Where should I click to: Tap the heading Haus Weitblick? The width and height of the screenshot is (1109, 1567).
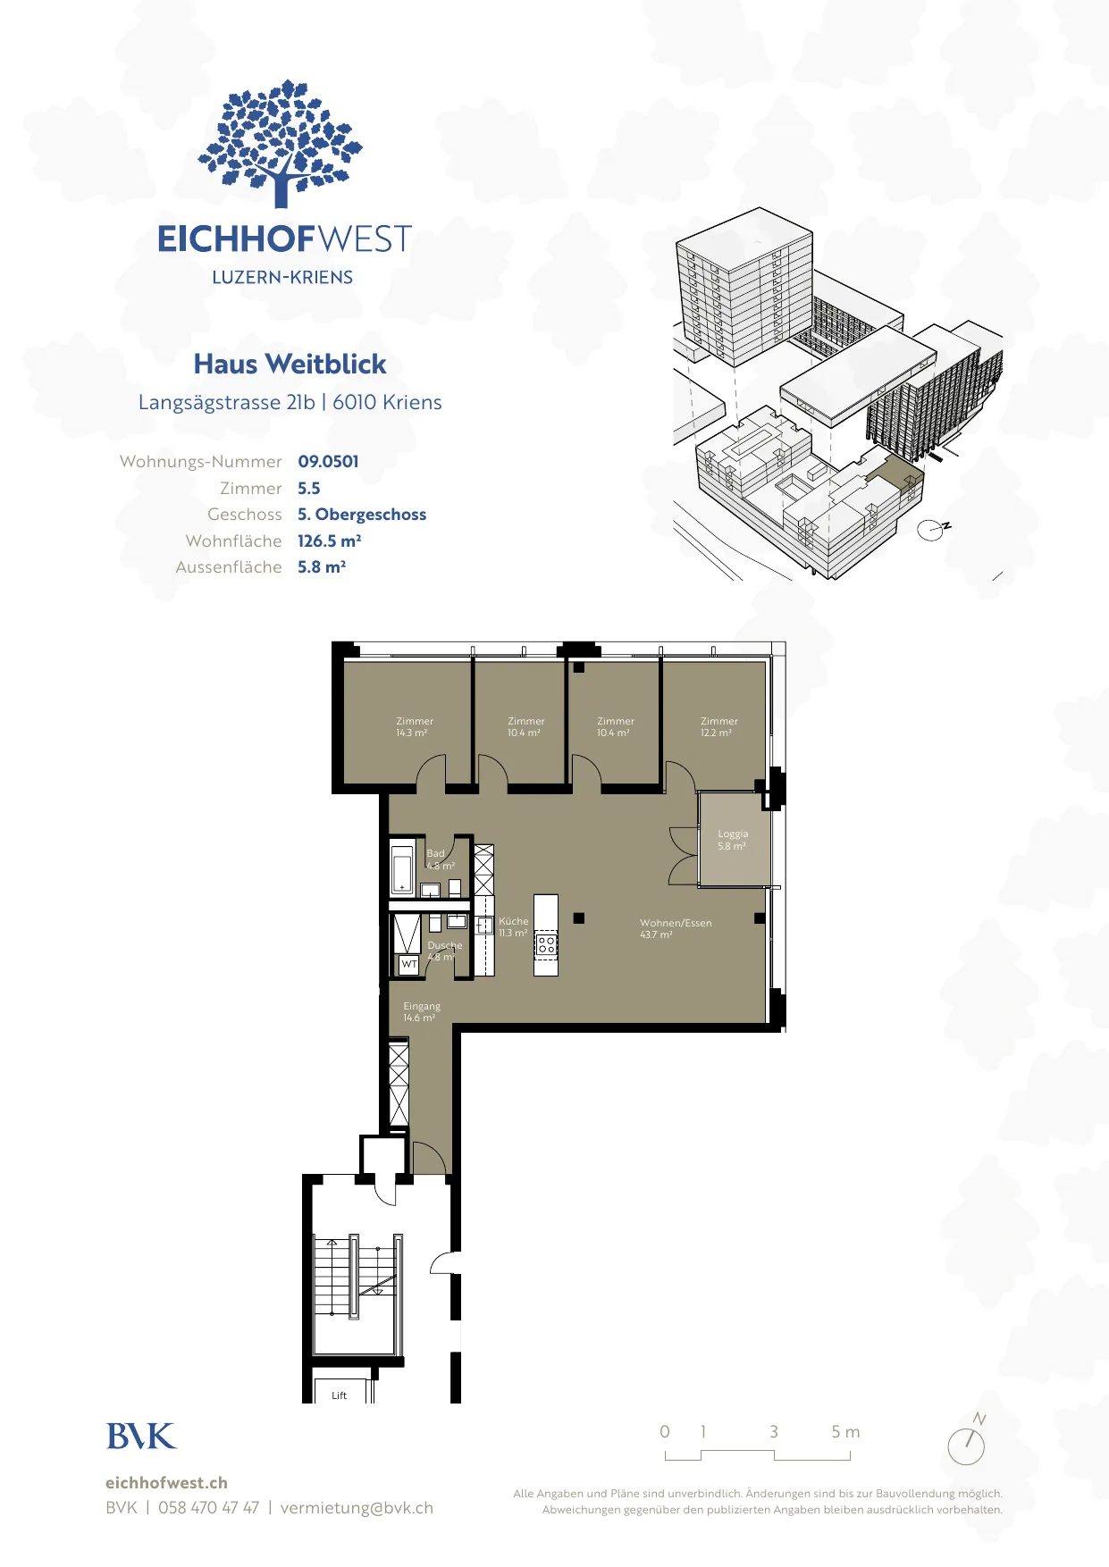[290, 365]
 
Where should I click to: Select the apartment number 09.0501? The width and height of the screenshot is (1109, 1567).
[328, 462]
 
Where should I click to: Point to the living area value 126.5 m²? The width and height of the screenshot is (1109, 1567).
[329, 541]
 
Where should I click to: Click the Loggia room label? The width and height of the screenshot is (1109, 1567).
[733, 840]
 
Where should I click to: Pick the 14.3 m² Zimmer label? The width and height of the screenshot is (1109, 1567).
[415, 727]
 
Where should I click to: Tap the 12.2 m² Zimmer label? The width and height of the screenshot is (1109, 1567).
[718, 727]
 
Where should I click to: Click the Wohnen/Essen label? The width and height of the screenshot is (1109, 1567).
[676, 929]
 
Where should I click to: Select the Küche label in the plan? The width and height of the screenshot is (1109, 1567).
[514, 927]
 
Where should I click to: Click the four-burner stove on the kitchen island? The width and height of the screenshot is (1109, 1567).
[546, 944]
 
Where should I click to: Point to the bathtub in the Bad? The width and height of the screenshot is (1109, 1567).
[402, 867]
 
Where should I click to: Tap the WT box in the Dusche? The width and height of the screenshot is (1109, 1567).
[409, 965]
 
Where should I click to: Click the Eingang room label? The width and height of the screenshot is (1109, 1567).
[421, 1012]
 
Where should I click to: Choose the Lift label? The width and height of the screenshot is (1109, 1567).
[340, 1395]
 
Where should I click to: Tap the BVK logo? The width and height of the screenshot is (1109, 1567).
[141, 1437]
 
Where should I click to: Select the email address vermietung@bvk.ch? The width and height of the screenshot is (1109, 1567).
[357, 1508]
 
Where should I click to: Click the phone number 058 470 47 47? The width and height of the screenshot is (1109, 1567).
[208, 1508]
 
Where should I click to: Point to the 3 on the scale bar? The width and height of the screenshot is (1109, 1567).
[774, 1432]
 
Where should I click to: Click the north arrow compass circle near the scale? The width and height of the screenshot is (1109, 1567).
[966, 1446]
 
